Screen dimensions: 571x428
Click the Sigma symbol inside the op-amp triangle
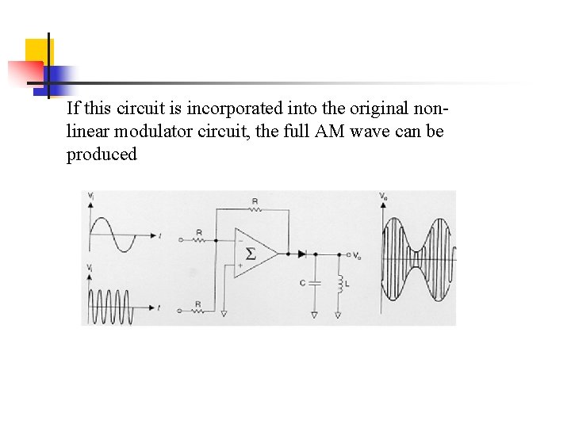pyautogui.click(x=251, y=254)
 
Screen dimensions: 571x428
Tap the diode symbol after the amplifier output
pyautogui.click(x=302, y=254)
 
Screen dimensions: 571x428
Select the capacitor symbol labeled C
pyautogui.click(x=315, y=281)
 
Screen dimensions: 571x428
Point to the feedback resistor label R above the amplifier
pyautogui.click(x=254, y=202)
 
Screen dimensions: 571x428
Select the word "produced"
pyautogui.click(x=102, y=155)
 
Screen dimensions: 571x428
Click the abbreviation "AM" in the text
pyautogui.click(x=329, y=131)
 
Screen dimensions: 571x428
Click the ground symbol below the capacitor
pyautogui.click(x=315, y=315)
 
